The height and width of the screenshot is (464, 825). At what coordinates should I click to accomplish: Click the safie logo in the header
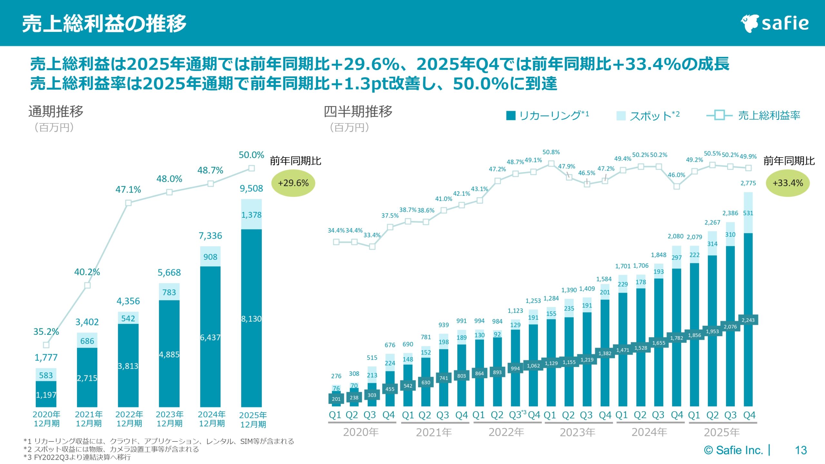point(775,23)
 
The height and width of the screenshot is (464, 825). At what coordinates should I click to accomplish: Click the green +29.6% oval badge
point(293,183)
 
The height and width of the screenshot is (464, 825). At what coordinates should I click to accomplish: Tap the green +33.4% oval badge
point(787,183)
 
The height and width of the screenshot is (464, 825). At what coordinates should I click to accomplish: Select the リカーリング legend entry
point(548,115)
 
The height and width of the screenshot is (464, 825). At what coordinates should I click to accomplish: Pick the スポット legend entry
point(648,115)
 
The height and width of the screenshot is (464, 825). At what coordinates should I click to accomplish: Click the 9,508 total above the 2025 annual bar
point(251,188)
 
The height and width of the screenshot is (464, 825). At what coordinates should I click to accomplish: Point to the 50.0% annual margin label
point(251,155)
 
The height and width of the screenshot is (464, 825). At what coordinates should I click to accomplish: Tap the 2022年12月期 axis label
point(129,419)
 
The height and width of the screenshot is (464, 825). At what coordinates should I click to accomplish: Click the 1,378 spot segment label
point(251,215)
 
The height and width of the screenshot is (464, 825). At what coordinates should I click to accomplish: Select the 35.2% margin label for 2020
point(46,332)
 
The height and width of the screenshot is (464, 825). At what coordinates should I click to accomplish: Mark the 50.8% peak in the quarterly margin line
point(551,152)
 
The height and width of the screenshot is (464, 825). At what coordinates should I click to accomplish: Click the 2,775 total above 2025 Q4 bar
point(748,183)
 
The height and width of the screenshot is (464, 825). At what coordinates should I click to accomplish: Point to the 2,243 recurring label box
point(748,320)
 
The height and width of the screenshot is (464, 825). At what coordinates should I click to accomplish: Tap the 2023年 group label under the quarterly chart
point(577,432)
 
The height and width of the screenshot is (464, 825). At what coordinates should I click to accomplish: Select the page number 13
point(801,450)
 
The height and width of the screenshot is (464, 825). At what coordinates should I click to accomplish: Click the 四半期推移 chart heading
point(358,111)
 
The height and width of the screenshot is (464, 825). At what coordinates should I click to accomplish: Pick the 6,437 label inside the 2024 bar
point(210,337)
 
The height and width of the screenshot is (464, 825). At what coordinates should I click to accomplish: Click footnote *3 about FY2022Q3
point(77,457)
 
